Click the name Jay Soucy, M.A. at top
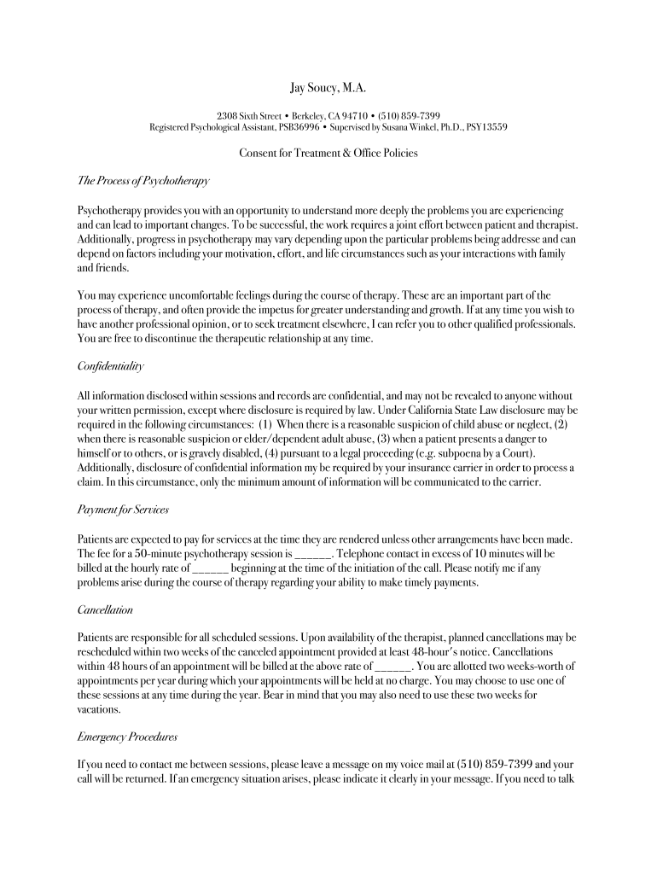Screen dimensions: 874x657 (328, 89)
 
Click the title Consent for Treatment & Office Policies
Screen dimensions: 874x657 (328, 154)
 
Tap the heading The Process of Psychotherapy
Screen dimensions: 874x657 (131, 181)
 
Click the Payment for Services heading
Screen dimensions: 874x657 (123, 509)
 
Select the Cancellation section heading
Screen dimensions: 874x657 (105, 610)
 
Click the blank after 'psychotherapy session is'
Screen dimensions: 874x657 (311, 552)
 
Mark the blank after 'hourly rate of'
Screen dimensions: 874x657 (211, 568)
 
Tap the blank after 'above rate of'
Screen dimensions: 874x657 (393, 666)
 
